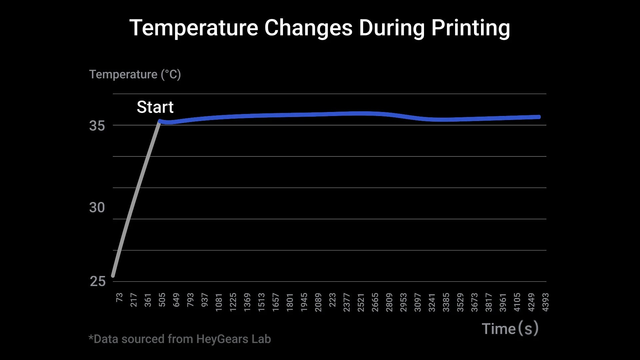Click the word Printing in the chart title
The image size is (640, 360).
[470, 28]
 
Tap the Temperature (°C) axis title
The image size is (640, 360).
[135, 74]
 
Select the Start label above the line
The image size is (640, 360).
[155, 107]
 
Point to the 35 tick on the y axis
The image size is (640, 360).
[97, 126]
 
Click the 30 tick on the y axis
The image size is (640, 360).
[97, 208]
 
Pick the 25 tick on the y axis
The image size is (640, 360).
[98, 282]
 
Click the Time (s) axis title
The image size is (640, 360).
[510, 329]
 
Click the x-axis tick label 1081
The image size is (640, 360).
[219, 302]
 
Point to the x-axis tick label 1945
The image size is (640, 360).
[304, 302]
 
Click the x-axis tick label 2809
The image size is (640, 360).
[389, 302]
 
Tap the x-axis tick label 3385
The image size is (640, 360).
[446, 302]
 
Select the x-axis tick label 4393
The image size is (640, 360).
[545, 302]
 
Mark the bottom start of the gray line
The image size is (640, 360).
[113, 275]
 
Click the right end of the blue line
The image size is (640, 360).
[539, 117]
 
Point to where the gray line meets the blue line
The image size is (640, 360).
[160, 121]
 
